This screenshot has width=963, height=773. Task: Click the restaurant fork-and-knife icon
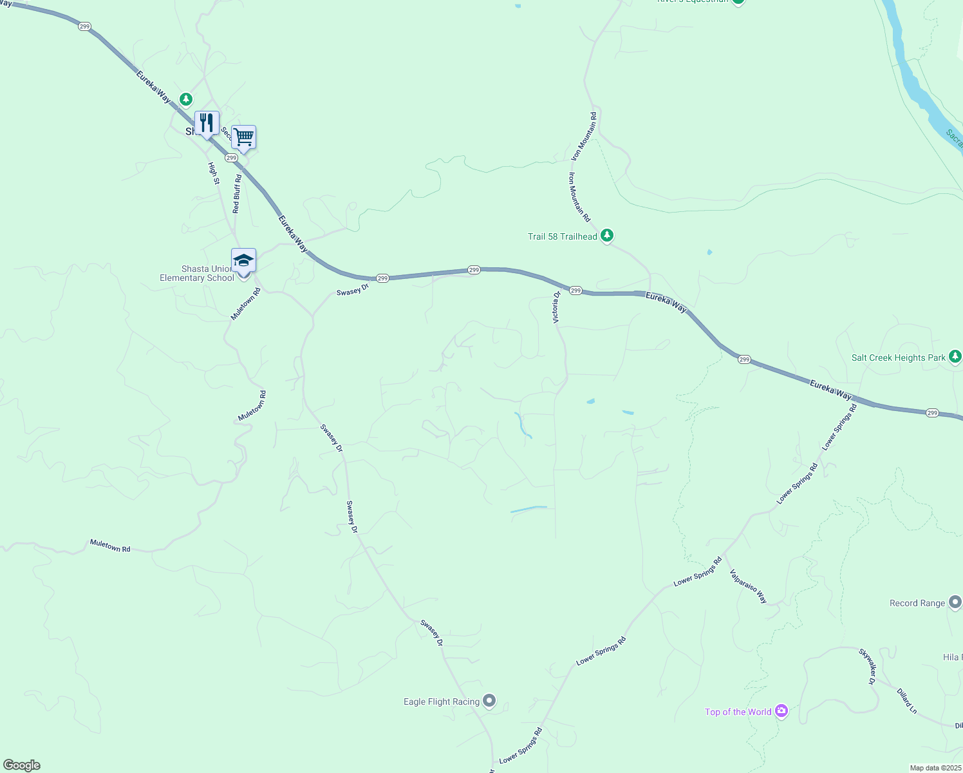207,122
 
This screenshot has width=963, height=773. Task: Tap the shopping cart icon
243,137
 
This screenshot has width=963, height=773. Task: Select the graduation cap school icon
243,260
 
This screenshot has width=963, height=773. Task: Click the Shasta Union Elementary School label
197,274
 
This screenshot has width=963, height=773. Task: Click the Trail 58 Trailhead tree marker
607,236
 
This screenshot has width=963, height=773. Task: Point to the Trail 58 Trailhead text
562,237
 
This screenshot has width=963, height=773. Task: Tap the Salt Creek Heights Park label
898,358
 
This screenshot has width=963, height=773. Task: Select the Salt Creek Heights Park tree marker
955,356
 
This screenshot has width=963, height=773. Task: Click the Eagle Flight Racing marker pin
489,701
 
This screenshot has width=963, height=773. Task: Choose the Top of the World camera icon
781,711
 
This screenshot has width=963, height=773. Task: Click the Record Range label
917,604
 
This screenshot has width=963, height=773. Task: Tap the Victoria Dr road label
556,307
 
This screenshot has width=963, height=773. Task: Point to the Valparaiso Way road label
748,586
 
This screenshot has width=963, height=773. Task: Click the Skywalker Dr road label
868,666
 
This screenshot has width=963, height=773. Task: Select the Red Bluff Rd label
237,194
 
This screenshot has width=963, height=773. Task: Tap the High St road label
214,173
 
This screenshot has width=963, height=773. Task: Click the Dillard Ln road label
906,701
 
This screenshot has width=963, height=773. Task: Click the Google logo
22,765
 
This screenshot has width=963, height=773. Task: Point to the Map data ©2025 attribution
935,768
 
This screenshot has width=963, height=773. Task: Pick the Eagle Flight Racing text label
441,702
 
